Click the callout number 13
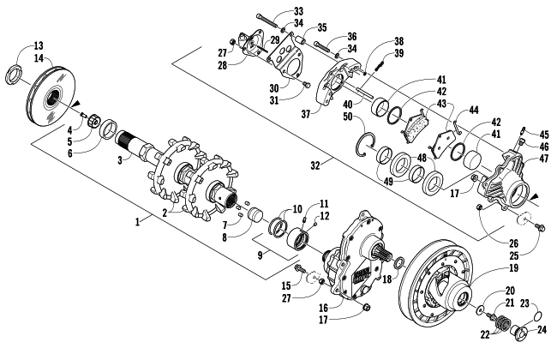coord(39,45)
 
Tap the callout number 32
coord(315,165)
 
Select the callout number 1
coord(137,221)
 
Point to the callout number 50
coord(348,117)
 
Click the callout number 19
coord(513,267)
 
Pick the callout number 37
coord(306,114)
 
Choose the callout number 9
coord(260,255)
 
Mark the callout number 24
coord(542,329)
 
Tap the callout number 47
coord(544,159)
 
